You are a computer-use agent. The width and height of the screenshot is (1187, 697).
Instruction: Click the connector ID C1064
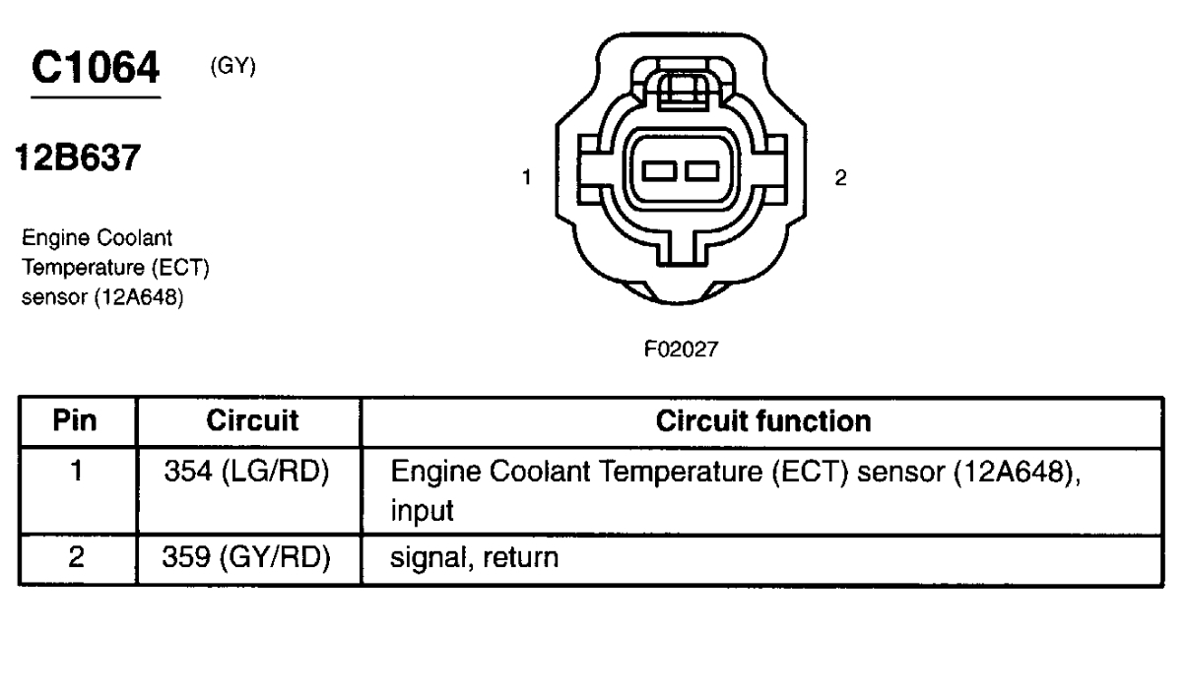[96, 70]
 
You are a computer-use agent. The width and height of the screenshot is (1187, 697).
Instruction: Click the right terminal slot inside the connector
[700, 173]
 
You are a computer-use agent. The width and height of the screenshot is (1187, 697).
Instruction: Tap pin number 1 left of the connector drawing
[528, 178]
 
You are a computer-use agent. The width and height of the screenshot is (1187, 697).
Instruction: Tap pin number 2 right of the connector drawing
[838, 178]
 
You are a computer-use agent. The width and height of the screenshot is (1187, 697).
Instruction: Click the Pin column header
[76, 421]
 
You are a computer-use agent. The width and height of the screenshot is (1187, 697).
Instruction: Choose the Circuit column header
[250, 421]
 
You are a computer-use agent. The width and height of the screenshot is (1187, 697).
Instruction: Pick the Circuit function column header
[763, 421]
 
